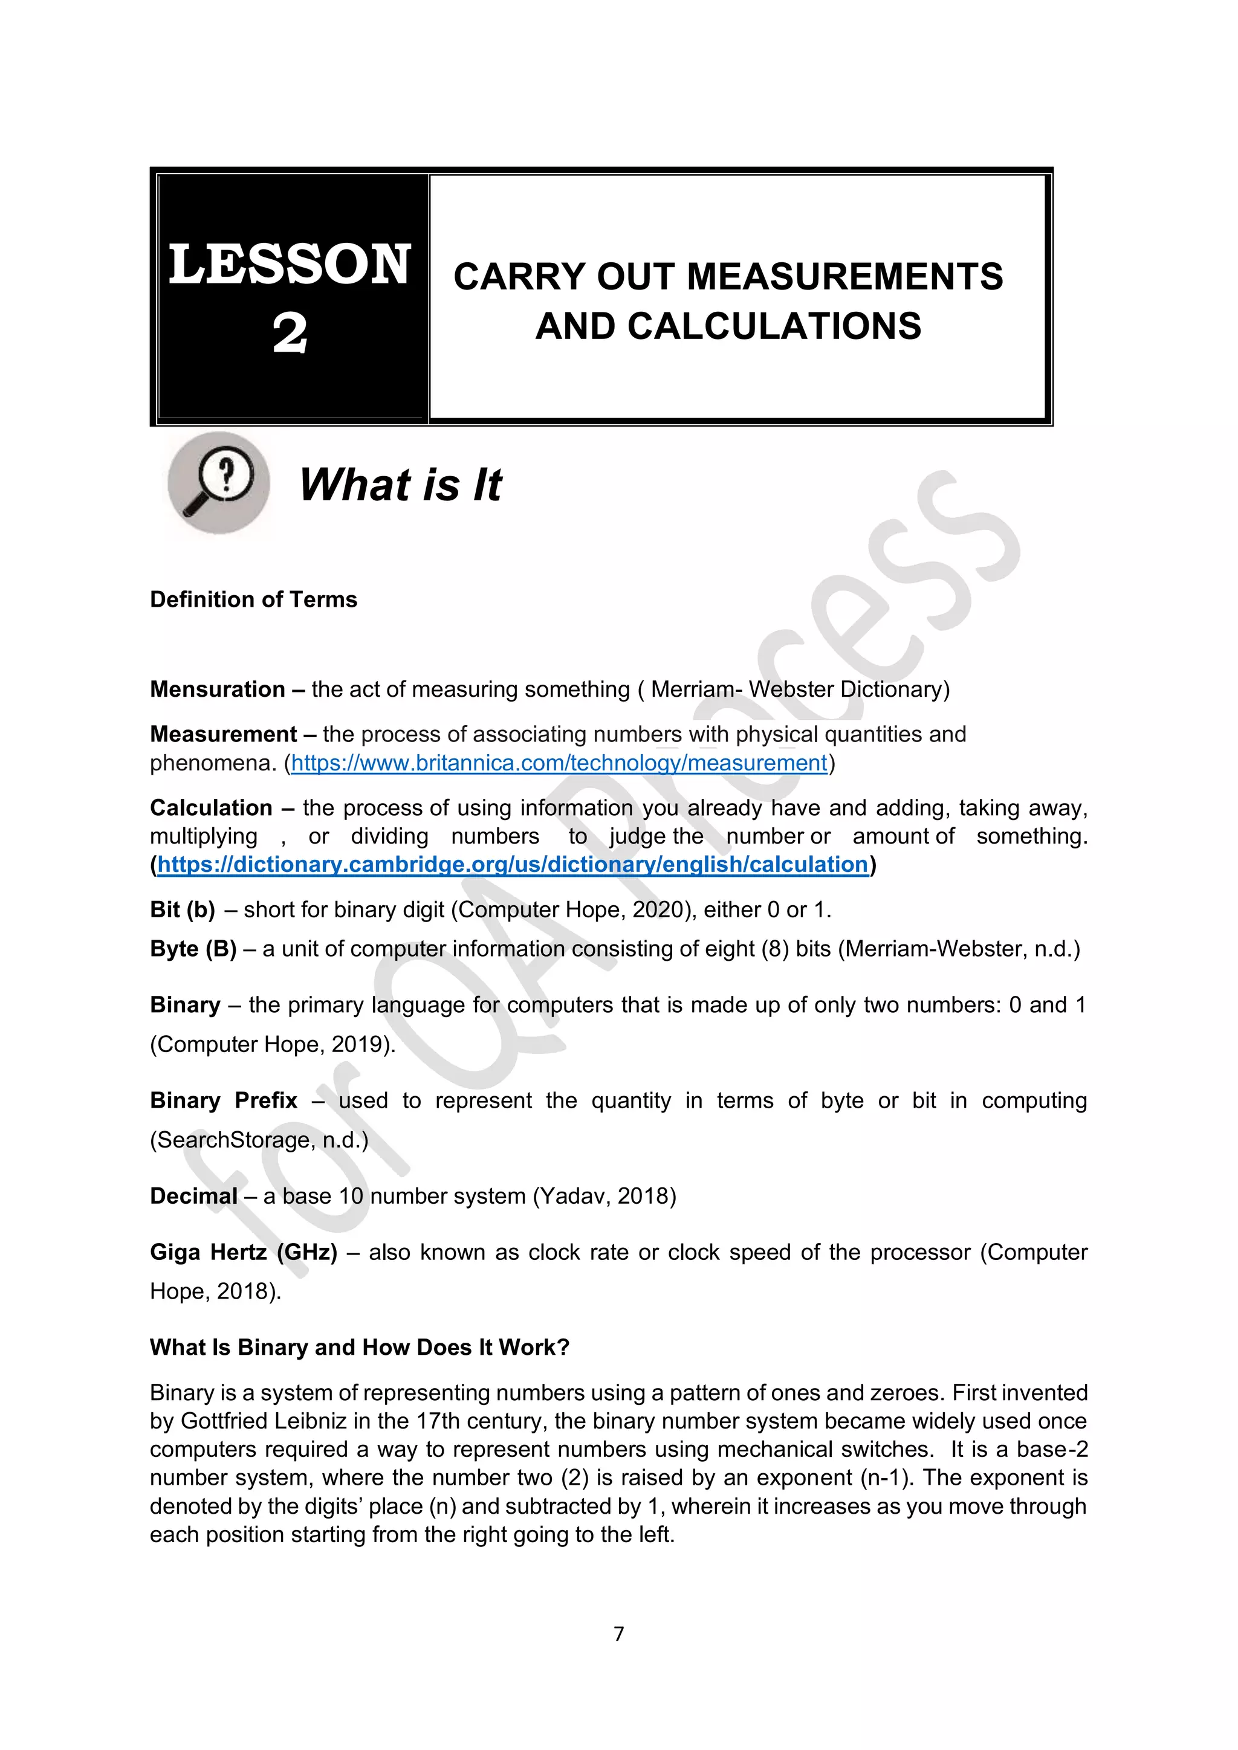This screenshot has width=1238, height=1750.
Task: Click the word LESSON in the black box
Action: (290, 265)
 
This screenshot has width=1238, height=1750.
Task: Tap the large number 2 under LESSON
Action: (290, 333)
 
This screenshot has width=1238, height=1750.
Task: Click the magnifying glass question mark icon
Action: (219, 482)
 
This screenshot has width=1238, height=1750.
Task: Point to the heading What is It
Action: (400, 485)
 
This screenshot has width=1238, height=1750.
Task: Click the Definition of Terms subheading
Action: (253, 600)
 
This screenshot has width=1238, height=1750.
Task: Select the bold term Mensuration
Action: (217, 689)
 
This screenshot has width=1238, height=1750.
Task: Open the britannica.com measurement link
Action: (559, 763)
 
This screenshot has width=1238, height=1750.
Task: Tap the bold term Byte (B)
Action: (193, 949)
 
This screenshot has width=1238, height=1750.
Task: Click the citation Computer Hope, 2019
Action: (272, 1044)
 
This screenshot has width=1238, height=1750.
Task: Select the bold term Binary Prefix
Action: (223, 1100)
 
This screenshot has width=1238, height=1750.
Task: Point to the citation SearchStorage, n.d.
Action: (259, 1140)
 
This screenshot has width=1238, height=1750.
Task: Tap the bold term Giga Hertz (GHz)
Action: (243, 1252)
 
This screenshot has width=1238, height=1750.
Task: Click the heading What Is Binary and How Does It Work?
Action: (359, 1347)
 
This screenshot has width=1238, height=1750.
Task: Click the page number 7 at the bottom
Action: (618, 1633)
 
